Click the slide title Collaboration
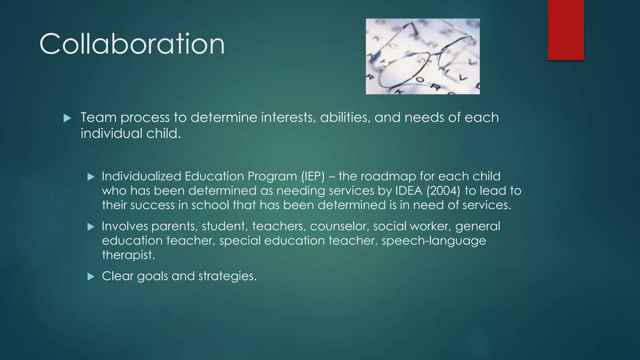pyautogui.click(x=132, y=44)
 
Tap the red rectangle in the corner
pyautogui.click(x=566, y=30)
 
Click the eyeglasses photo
pyautogui.click(x=422, y=56)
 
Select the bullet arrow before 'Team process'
pyautogui.click(x=67, y=118)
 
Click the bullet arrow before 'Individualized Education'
pyautogui.click(x=91, y=177)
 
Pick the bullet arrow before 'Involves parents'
pyautogui.click(x=91, y=227)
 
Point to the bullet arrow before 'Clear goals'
pyautogui.click(x=91, y=277)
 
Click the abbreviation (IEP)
pyautogui.click(x=313, y=177)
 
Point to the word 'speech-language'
pyautogui.click(x=434, y=241)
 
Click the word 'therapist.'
pyautogui.click(x=128, y=255)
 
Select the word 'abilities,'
pyautogui.click(x=345, y=117)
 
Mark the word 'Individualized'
pyautogui.click(x=141, y=177)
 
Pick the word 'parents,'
pyautogui.click(x=175, y=227)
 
